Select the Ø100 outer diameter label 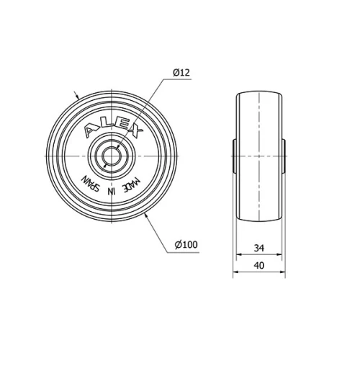tap(185, 245)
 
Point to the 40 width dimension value tap(260, 266)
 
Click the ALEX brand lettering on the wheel tap(113, 127)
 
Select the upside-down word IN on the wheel tap(111, 191)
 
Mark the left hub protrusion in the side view tap(234, 156)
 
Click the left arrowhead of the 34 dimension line tap(240, 256)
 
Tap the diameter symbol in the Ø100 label tap(177, 245)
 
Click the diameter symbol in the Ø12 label tap(175, 73)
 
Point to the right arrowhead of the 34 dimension tap(281, 256)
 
